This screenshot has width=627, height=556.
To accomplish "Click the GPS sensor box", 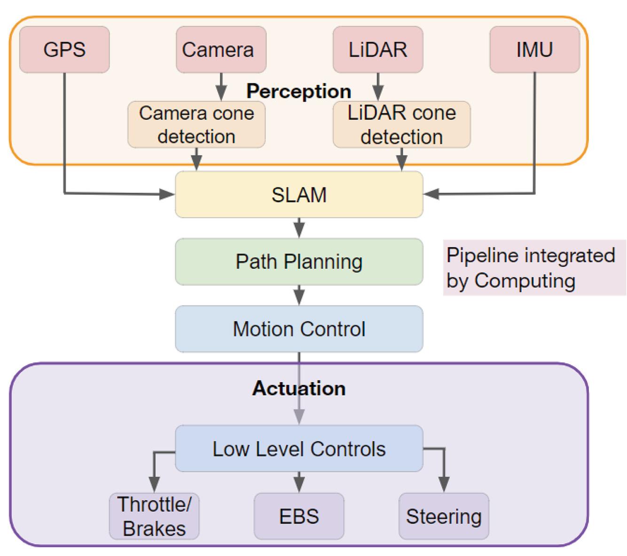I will click(64, 49).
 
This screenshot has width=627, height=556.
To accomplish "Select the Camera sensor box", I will click(221, 49).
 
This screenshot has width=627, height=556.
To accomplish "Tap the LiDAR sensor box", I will click(378, 49).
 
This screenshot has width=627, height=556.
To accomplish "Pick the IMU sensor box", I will click(534, 49).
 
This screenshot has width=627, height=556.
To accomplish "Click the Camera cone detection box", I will click(196, 125).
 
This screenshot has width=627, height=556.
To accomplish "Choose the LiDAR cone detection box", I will click(401, 125).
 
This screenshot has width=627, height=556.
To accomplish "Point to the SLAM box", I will click(299, 195).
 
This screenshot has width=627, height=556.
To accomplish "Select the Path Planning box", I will click(299, 262).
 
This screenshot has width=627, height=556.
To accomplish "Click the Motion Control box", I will click(299, 329).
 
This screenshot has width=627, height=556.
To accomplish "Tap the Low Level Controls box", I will click(299, 449).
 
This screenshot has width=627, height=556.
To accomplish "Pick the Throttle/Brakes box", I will click(154, 516).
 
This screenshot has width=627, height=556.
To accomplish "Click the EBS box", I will click(299, 516).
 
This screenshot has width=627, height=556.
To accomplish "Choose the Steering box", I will click(444, 516).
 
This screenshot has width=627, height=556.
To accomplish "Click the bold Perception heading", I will click(299, 91).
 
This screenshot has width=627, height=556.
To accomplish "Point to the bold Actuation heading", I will click(299, 388).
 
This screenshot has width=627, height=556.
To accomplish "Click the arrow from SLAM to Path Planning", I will click(299, 228).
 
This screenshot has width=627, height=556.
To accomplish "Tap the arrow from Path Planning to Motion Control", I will click(299, 295).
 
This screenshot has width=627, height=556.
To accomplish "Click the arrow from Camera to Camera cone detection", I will click(221, 87).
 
